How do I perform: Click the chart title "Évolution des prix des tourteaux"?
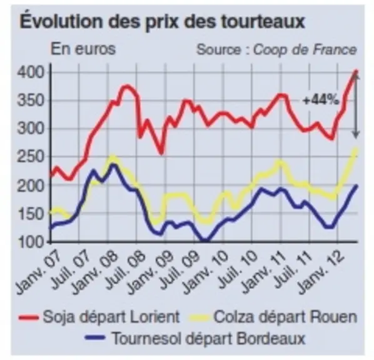coord(162,21)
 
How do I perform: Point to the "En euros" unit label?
coord(83,49)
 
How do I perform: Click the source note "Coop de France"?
coord(305,50)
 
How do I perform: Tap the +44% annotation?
coord(321,100)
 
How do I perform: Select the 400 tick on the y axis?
coord(31,72)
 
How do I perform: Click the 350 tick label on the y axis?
coord(31,101)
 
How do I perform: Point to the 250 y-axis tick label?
coord(31,157)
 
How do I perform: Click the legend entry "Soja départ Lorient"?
coord(99,317)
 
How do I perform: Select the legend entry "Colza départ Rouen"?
coord(273,317)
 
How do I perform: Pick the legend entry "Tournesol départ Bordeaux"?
coord(196,338)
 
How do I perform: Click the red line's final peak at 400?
coord(356,71)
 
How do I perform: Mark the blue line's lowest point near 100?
coord(205,241)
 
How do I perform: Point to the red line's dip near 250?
coord(161,152)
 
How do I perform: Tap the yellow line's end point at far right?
coord(356,150)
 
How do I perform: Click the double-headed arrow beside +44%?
coord(356,106)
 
